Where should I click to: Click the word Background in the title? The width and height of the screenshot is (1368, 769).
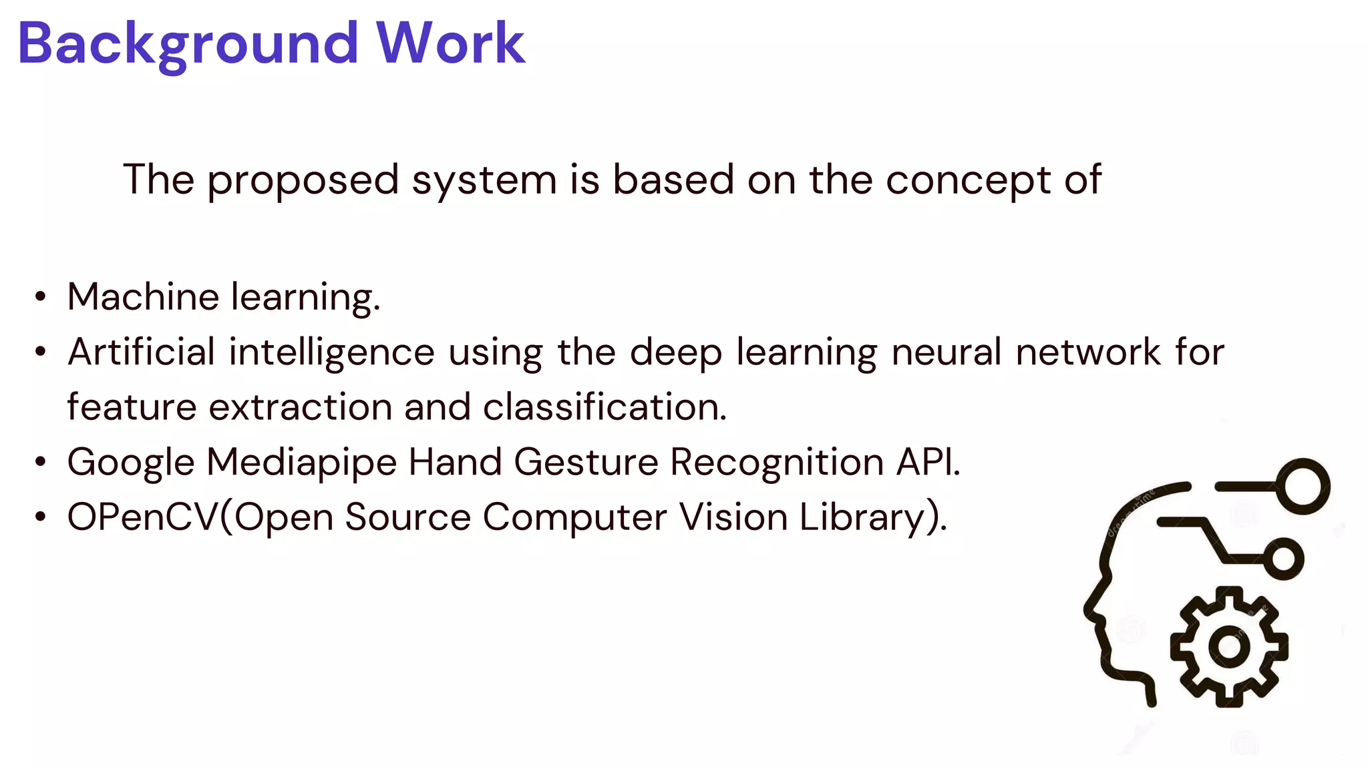click(x=188, y=44)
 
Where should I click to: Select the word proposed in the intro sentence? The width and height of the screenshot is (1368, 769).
click(x=303, y=180)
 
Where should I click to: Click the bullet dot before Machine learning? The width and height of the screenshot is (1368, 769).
click(x=41, y=296)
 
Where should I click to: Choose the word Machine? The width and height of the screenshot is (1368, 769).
click(x=143, y=296)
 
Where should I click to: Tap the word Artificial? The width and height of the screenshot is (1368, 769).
click(x=142, y=352)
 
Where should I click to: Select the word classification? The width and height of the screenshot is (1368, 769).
click(x=605, y=407)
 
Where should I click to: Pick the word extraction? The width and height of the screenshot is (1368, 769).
click(x=301, y=407)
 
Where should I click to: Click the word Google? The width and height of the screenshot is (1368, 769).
click(x=131, y=462)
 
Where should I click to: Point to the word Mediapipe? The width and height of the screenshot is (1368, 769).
click(x=301, y=462)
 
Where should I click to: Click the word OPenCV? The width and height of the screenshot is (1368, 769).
click(x=143, y=517)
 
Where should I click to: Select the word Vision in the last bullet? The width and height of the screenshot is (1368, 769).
click(x=733, y=517)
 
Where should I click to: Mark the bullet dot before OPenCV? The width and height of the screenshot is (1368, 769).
click(x=41, y=517)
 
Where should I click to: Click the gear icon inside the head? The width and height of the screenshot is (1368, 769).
click(x=1229, y=646)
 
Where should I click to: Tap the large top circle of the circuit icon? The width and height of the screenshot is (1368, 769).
click(x=1303, y=486)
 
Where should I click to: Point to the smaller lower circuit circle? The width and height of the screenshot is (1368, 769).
click(x=1283, y=558)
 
